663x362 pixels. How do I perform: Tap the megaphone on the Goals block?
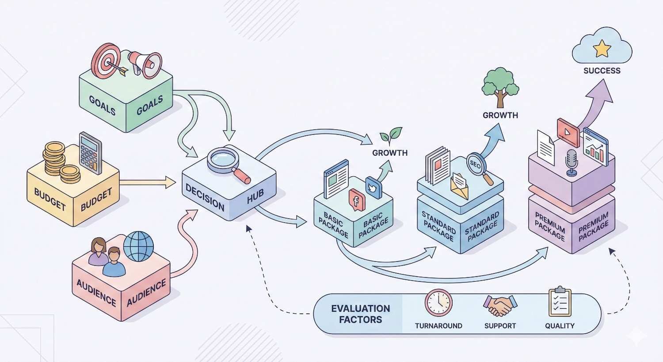[144, 63]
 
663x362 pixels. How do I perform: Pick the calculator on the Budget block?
[90, 153]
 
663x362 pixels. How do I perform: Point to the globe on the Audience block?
[138, 246]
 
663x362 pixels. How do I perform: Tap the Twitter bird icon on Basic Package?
[373, 187]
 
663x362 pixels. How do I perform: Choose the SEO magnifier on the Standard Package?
[476, 165]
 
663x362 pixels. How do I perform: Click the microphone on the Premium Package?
[572, 161]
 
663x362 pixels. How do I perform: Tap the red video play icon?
[568, 131]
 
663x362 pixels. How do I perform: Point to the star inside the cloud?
[602, 48]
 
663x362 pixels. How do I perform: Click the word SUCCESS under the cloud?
[602, 71]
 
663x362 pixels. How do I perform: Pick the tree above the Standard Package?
[500, 86]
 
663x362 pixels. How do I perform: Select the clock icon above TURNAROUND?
[438, 303]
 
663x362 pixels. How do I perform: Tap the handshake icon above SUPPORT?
[500, 305]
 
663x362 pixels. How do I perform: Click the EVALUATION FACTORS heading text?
[360, 314]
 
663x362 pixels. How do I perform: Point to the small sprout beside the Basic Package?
[391, 135]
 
